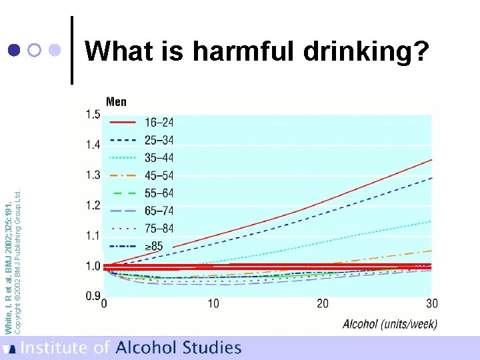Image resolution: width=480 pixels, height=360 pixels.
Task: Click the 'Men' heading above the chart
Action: (x=116, y=102)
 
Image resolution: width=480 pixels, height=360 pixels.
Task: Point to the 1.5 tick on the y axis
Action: (x=93, y=115)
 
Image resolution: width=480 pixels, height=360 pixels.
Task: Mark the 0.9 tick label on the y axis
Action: (x=93, y=296)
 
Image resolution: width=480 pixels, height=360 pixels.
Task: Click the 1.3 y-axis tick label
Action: (x=93, y=175)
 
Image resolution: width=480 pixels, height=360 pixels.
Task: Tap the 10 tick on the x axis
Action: (x=213, y=304)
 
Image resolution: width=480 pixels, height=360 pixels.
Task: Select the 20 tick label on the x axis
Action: (x=322, y=304)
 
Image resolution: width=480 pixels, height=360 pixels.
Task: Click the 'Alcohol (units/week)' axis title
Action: (x=390, y=325)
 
